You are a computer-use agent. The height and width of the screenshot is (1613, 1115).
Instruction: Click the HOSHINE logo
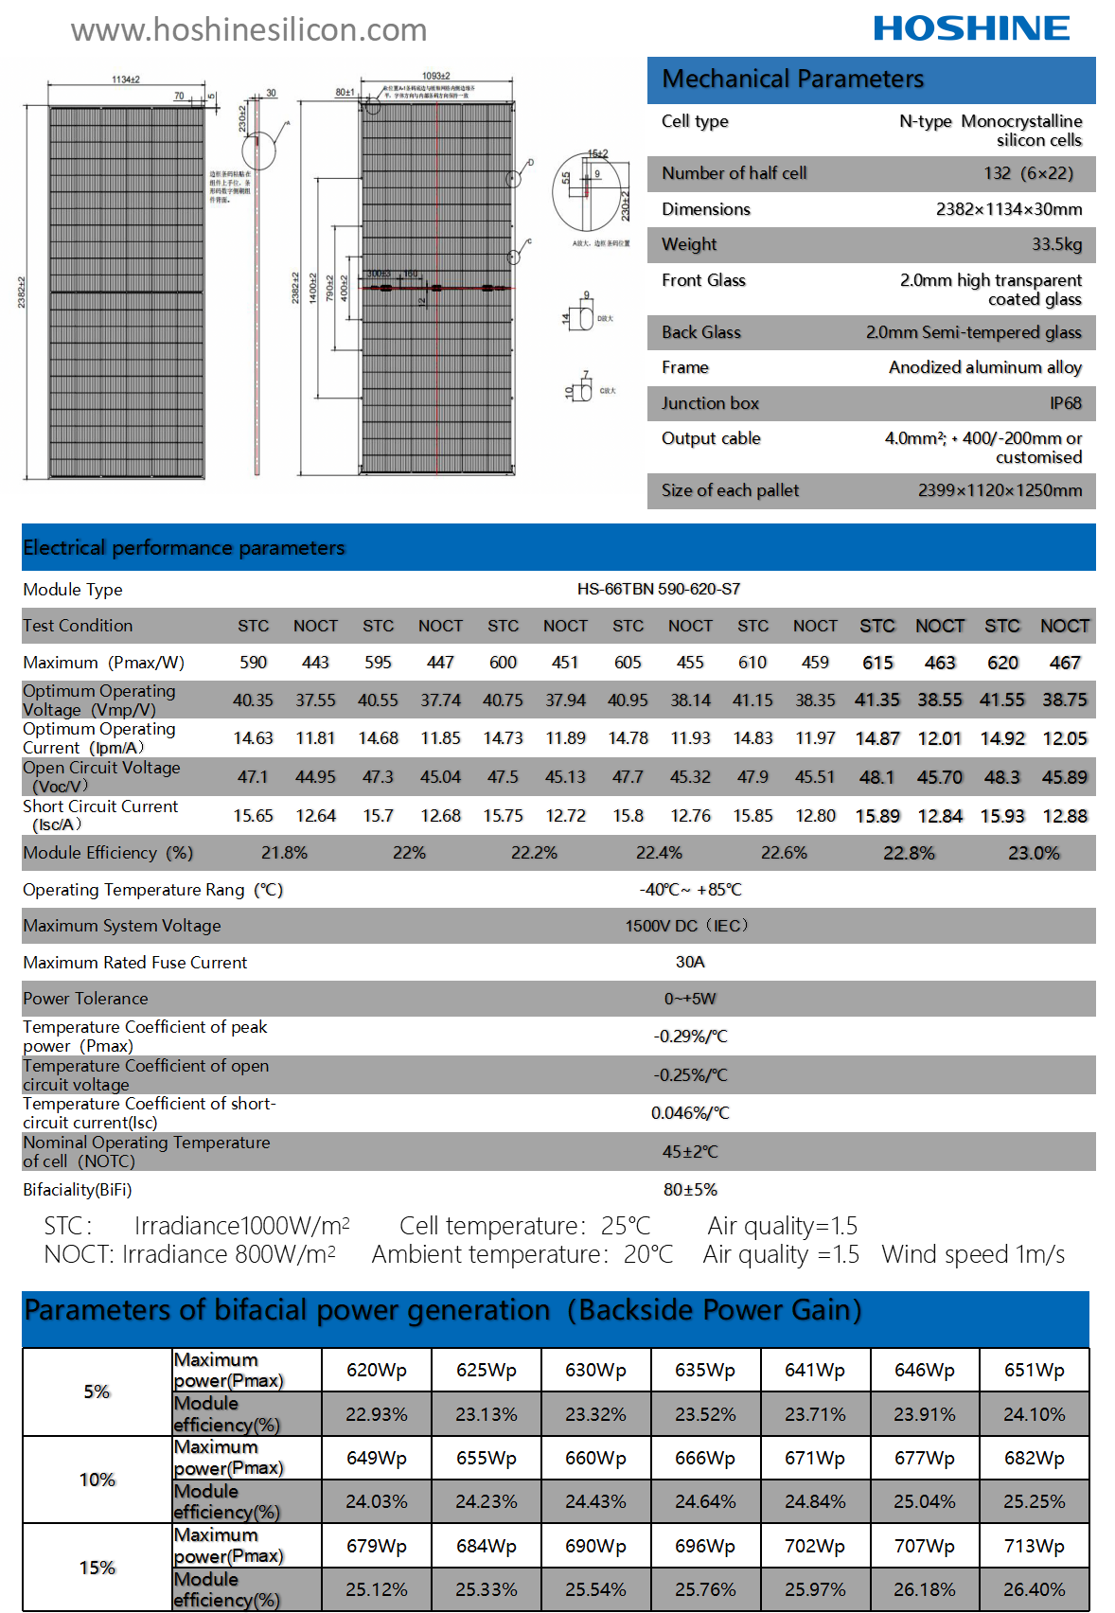click(971, 28)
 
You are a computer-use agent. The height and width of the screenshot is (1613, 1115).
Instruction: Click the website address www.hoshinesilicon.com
click(249, 30)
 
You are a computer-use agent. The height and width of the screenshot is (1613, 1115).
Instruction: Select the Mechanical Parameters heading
click(793, 80)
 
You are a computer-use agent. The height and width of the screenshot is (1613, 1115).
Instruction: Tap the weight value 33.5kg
click(1056, 244)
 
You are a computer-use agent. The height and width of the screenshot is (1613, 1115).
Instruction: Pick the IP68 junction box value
click(1065, 403)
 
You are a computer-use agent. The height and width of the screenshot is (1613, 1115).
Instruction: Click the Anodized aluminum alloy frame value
click(984, 367)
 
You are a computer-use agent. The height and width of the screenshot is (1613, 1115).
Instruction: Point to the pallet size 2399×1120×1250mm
click(1000, 490)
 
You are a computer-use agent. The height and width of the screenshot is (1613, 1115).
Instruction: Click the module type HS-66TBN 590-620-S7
click(659, 589)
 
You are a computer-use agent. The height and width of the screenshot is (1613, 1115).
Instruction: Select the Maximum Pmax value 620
click(1002, 663)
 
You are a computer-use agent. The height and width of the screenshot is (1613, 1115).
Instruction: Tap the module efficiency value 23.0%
click(1034, 853)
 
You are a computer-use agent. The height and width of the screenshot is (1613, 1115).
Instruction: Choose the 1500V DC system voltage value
click(686, 926)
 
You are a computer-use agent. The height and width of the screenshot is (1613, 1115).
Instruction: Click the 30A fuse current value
click(690, 962)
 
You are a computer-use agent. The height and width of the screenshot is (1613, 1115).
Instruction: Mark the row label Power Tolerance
click(85, 999)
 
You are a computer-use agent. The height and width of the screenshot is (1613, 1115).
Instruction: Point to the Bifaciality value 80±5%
click(690, 1190)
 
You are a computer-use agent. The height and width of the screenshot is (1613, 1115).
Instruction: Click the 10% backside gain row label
click(97, 1480)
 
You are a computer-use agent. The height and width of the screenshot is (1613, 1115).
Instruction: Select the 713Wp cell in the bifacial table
click(1034, 1546)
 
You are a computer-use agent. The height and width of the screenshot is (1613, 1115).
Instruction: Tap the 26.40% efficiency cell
click(1034, 1589)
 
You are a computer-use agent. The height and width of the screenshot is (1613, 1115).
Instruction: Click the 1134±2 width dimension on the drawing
click(126, 80)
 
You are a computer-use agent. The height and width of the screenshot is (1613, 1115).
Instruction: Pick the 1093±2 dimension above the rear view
click(436, 76)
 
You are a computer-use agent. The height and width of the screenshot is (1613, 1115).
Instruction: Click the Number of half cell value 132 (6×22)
click(1028, 173)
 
